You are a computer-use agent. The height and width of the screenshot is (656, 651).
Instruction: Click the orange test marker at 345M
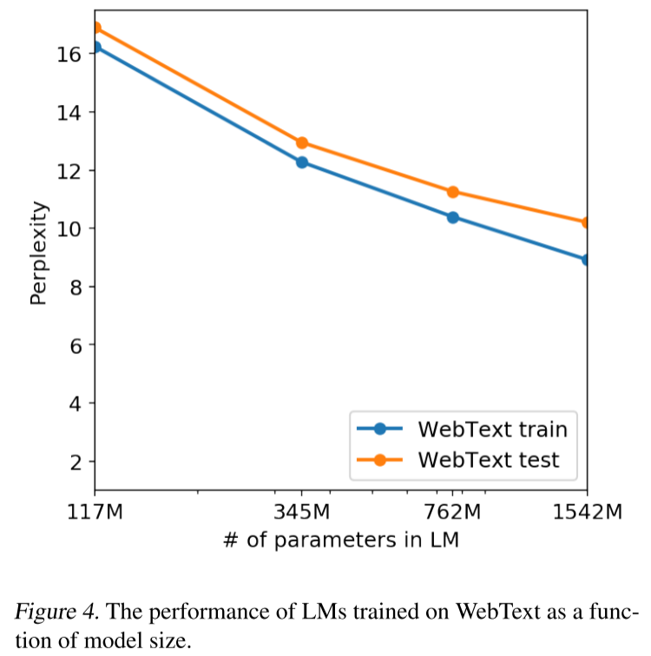(x=302, y=143)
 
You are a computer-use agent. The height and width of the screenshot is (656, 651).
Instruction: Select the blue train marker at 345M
(x=302, y=162)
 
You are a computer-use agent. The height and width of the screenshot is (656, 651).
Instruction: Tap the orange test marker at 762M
(x=453, y=192)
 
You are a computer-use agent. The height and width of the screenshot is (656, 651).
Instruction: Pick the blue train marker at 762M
(x=453, y=218)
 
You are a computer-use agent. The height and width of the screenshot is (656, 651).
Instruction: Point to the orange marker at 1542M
(x=585, y=222)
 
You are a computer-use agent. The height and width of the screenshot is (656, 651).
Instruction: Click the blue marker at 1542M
(x=585, y=259)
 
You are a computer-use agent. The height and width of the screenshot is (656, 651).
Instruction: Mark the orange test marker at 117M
(x=96, y=28)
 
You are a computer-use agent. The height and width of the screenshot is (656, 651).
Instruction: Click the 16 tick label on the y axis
(x=69, y=55)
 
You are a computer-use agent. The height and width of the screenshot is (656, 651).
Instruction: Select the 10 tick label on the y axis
(x=69, y=229)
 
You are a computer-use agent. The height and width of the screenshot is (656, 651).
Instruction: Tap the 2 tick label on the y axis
(x=76, y=462)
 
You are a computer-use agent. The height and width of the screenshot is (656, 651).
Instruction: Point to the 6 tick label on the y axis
(x=76, y=345)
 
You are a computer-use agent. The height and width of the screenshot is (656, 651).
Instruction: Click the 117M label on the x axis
(x=95, y=512)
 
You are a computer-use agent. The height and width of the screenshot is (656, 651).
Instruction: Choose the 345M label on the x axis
(x=302, y=512)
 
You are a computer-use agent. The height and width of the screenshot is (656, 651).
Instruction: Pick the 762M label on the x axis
(x=453, y=512)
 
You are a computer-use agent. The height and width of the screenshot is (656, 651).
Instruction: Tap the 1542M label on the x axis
(x=588, y=512)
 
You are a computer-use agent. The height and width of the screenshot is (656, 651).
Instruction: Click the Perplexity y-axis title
(x=38, y=253)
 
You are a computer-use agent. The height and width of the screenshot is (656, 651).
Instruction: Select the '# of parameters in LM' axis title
(x=341, y=540)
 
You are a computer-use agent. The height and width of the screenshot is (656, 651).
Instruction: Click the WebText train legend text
(x=493, y=430)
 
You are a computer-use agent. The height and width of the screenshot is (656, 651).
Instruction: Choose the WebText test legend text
(x=489, y=460)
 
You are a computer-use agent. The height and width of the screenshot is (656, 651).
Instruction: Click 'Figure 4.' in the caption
(x=57, y=612)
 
